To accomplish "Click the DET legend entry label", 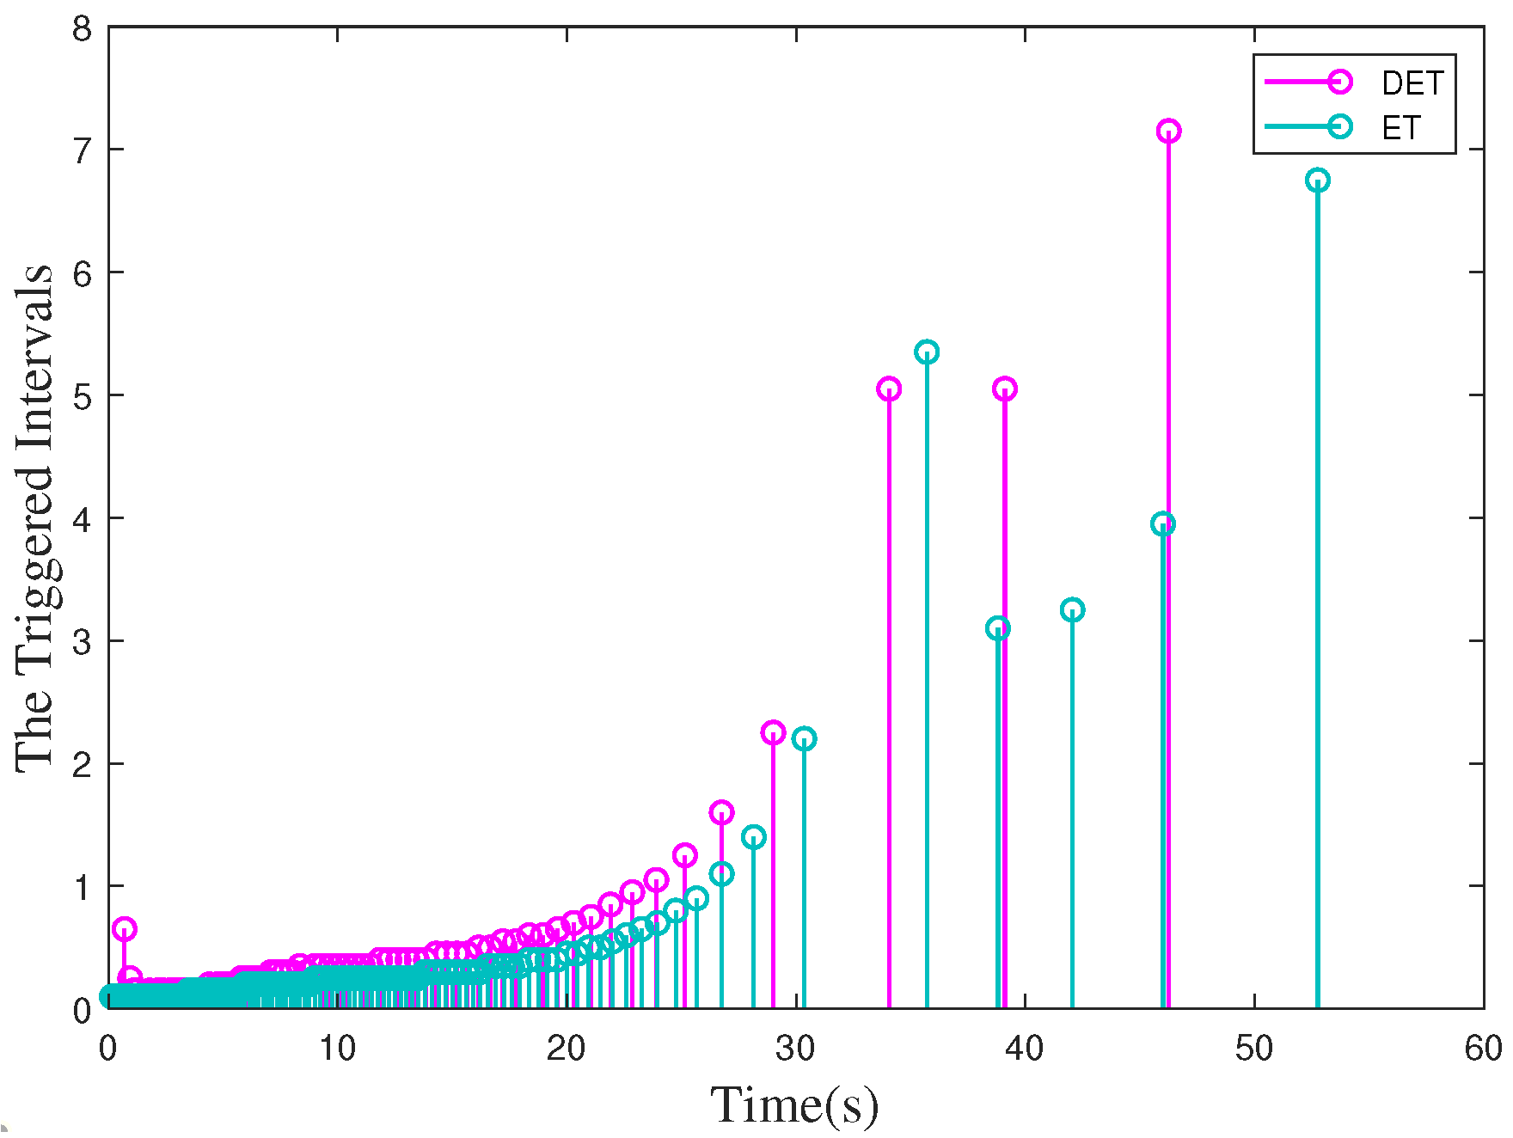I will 1412,83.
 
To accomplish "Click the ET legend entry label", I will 1400,128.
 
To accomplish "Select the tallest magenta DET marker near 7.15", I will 1167,132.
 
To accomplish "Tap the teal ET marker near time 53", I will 1317,180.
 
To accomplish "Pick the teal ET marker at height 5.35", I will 927,352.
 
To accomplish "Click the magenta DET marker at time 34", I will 889,389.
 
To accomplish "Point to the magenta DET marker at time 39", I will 1004,389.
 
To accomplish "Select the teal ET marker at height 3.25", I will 1072,610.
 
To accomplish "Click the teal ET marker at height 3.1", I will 998,628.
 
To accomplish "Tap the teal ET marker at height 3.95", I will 1162,524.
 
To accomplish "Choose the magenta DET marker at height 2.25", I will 773,733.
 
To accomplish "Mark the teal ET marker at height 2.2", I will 804,739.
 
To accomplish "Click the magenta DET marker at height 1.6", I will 721,812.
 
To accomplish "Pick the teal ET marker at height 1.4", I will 753,837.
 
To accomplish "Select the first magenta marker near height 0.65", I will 124,929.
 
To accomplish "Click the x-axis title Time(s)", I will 794,1104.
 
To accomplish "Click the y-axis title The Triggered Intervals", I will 34,518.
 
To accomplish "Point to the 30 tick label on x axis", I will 795,1049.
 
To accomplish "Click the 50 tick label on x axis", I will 1253,1049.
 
